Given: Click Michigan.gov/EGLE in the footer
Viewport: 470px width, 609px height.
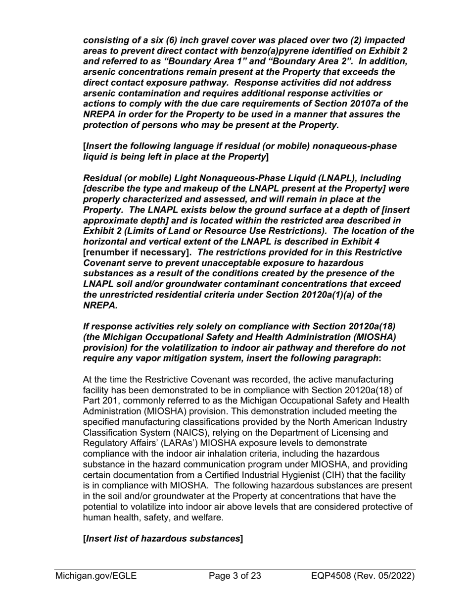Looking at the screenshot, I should [x=96, y=576].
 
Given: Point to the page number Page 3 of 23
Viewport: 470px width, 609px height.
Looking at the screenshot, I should [x=235, y=576].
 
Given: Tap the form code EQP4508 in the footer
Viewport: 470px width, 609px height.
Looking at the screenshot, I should [x=330, y=576].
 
